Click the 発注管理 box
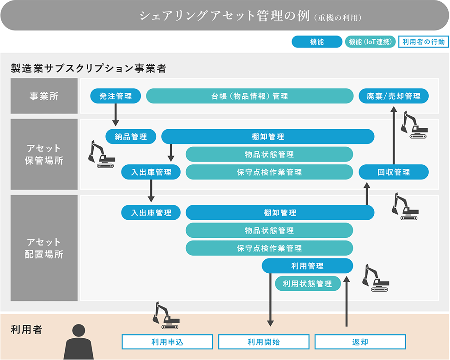click(x=116, y=96)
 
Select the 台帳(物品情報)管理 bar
click(x=249, y=96)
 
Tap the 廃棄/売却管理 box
click(x=394, y=96)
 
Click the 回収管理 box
click(x=394, y=172)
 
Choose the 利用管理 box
click(x=307, y=266)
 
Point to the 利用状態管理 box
click(x=307, y=283)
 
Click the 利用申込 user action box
click(x=167, y=342)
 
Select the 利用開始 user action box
click(x=263, y=342)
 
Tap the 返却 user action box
click(x=360, y=342)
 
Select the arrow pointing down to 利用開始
click(x=271, y=300)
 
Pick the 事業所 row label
click(x=44, y=96)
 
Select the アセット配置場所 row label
click(x=44, y=248)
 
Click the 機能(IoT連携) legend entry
click(x=370, y=42)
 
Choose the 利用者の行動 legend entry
click(x=423, y=42)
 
